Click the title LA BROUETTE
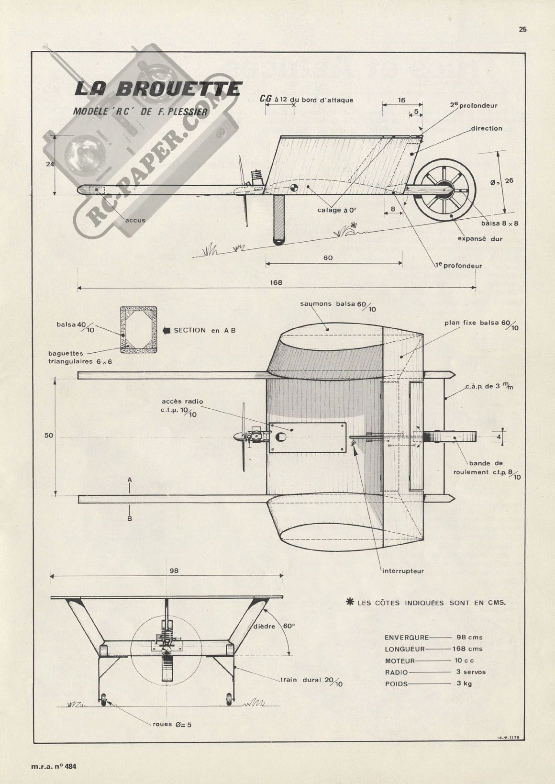tap(158, 89)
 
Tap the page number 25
tap(522, 29)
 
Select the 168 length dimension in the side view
tap(276, 282)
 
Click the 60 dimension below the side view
tap(328, 258)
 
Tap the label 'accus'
tap(135, 221)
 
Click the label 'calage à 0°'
tap(337, 210)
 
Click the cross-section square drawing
tap(139, 330)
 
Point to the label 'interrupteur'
tap(403, 571)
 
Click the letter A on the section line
tap(130, 479)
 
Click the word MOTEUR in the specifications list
tap(400, 661)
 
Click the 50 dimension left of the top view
tap(48, 436)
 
